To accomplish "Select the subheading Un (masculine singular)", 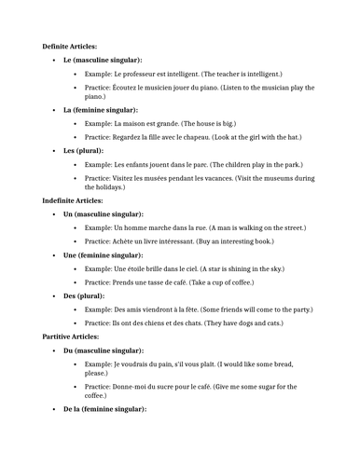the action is (x=103, y=213).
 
